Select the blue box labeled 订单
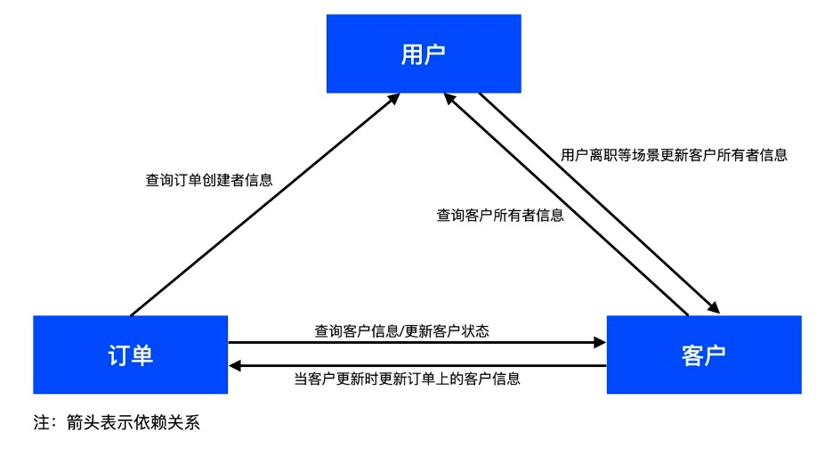pos(131,355)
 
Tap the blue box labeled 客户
pos(703,355)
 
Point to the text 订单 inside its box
pos(131,355)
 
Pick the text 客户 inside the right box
pos(703,355)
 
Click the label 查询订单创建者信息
pos(209,179)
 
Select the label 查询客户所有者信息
pos(499,215)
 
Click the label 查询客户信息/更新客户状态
pos(414,331)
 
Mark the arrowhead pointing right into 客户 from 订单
pos(599,341)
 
